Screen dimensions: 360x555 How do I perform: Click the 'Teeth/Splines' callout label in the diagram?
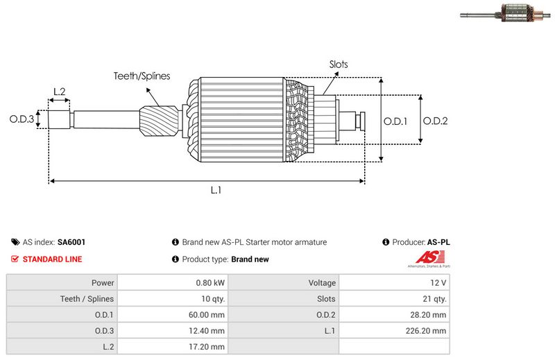[142, 76]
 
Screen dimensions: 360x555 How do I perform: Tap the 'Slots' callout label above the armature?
[339, 65]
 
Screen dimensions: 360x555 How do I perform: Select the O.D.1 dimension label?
[395, 121]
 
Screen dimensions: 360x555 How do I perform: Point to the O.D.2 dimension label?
[435, 121]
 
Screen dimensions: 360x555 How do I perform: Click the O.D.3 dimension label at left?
[22, 119]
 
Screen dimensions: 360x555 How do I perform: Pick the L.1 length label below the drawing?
[216, 190]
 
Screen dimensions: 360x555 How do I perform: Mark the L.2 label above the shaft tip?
[59, 92]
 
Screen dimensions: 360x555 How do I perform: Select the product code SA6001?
[71, 243]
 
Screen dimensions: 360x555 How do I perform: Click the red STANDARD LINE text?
[52, 259]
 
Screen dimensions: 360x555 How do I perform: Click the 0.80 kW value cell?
[210, 283]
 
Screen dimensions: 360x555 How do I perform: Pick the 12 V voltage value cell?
[438, 283]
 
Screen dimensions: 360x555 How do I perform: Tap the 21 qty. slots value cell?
[434, 299]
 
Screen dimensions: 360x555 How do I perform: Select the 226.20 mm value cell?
[428, 331]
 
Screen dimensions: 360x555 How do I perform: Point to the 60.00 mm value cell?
[210, 315]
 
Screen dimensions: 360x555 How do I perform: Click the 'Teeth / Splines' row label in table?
[87, 299]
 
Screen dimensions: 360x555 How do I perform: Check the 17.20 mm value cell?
[210, 347]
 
